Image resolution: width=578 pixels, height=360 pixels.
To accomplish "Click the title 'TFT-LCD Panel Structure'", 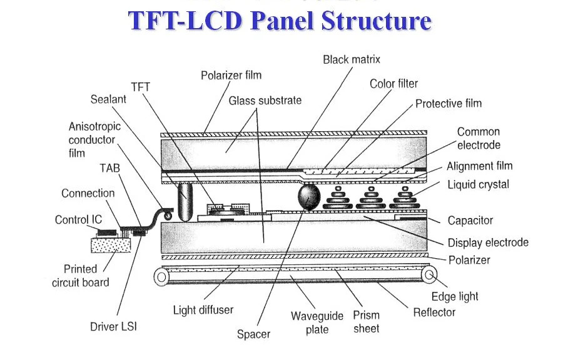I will pos(280,21).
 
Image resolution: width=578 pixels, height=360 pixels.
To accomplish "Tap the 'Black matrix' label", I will pos(351,60).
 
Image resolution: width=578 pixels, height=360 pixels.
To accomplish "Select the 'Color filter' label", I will pos(393,84).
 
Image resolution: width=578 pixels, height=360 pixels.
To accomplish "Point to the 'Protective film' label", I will pos(449,104).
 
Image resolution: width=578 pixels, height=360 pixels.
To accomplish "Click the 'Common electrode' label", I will pos(479,138).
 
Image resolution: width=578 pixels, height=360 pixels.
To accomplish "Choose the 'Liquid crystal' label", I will pos(478,184).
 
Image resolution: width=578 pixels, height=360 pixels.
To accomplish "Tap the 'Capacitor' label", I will pos(470,221).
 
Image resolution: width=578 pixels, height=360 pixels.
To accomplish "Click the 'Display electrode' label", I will pos(488,242).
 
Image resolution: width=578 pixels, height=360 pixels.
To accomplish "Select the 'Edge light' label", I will pos(455,296).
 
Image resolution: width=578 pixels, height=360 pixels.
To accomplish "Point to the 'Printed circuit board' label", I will pos(80,276).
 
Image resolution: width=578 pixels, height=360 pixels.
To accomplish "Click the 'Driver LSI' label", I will pos(113,327).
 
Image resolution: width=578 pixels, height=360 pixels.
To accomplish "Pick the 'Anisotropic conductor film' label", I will pos(94,139).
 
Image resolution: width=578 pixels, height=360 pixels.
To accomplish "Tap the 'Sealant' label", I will pos(108,99).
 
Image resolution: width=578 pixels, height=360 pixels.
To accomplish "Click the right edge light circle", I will pos(429,274).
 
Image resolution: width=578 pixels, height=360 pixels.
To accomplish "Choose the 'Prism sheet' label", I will pos(366,322).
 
